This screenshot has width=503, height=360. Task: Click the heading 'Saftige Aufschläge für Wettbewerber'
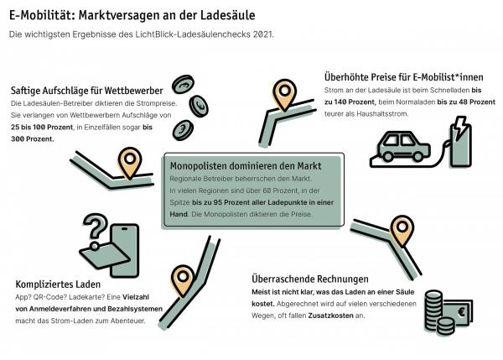87,91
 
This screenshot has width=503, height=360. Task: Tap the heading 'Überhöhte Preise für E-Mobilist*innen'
403,77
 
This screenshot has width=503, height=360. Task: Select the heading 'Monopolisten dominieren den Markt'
246,165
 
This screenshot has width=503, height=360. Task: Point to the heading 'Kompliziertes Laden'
58,284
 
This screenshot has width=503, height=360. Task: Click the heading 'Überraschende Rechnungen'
310,279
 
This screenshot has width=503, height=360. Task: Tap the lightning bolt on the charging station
460,128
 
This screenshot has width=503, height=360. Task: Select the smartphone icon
124,250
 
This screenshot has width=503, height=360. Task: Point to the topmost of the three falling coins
183,85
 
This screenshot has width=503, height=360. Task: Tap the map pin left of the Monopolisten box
130,163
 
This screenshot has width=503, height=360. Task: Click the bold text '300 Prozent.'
33,139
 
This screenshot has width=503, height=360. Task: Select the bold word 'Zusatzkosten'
331,316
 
